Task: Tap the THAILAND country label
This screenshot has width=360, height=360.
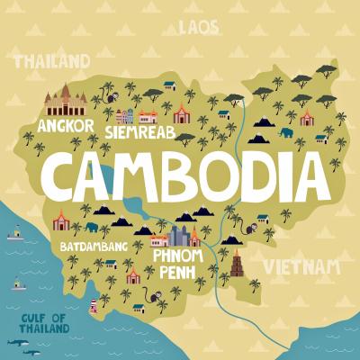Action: point(51,62)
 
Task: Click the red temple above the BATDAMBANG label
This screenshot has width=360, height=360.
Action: point(61,220)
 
